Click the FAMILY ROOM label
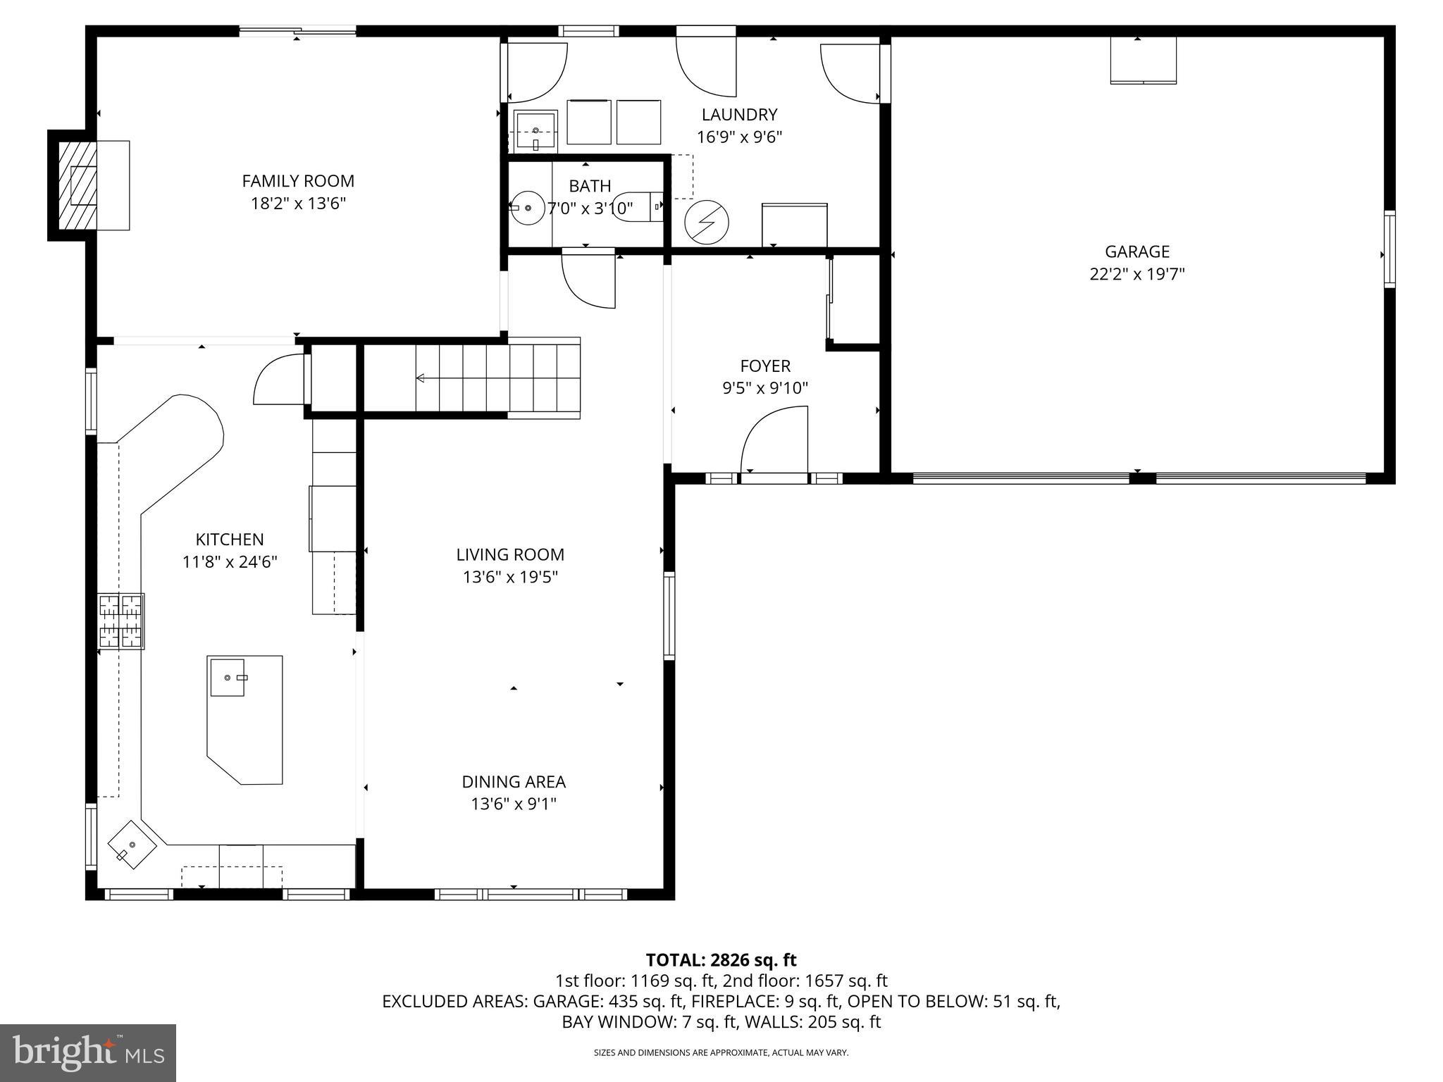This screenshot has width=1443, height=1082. point(298,181)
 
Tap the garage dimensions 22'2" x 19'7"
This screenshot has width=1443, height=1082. point(1137,274)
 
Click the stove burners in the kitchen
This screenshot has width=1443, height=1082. point(121,621)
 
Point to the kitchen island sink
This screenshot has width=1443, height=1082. point(227,677)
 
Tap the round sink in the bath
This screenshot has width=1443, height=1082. point(528,208)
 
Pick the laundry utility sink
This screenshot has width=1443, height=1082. point(535,131)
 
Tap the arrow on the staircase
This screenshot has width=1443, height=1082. point(421,378)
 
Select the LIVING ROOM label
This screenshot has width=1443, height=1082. point(510,554)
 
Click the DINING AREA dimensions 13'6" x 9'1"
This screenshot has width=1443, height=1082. point(514,804)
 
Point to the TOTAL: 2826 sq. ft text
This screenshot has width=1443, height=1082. point(721,959)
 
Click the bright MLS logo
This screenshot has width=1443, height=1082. point(88,1052)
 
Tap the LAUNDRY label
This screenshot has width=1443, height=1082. point(739,114)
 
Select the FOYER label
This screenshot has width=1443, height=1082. point(765,366)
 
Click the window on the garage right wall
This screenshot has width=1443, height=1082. point(1389,249)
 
